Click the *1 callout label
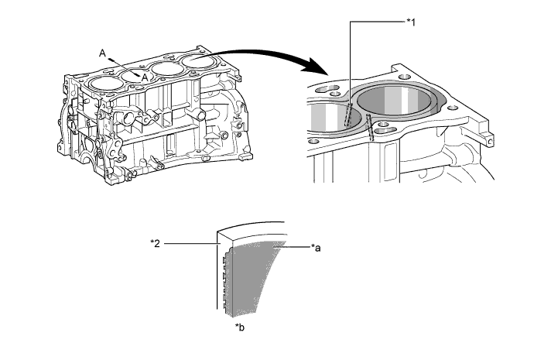coord(412,21)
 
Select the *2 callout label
coord(156,243)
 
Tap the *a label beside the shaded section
coord(316,248)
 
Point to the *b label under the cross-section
coord(241,328)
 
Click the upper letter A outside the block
coord(102,52)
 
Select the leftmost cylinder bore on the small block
coord(102,83)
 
